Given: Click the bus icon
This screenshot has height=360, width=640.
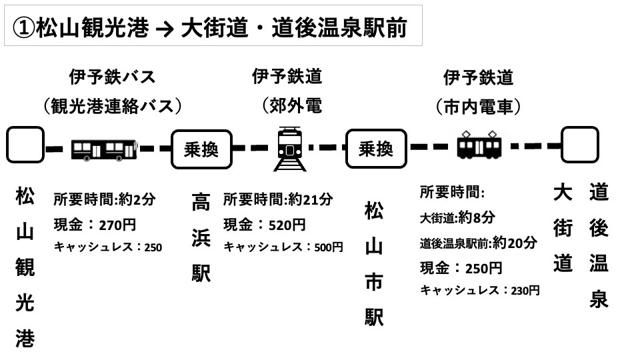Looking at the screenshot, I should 103,149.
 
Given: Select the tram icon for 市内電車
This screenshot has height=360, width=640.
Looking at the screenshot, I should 478,145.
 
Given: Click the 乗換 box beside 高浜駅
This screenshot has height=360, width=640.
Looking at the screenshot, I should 201,148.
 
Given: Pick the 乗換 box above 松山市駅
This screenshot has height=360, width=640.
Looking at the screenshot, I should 376,148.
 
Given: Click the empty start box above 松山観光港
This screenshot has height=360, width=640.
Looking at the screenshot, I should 25,145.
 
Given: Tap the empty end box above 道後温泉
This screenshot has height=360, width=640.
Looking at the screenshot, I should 579,145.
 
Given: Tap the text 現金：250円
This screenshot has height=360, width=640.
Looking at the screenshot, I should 461,268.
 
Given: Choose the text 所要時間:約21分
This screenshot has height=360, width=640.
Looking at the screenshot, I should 278,199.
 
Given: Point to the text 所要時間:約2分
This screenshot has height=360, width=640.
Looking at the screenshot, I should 105,199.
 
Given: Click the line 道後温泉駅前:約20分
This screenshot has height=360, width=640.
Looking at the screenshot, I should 478,243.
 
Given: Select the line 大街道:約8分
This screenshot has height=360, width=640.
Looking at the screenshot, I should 457,217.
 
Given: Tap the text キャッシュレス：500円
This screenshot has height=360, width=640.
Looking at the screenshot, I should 283,247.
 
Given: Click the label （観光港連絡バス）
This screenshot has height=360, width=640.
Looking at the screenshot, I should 112,105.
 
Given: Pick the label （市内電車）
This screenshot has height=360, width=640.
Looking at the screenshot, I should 478,105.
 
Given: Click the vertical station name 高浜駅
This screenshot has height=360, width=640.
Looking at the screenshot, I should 201,237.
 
